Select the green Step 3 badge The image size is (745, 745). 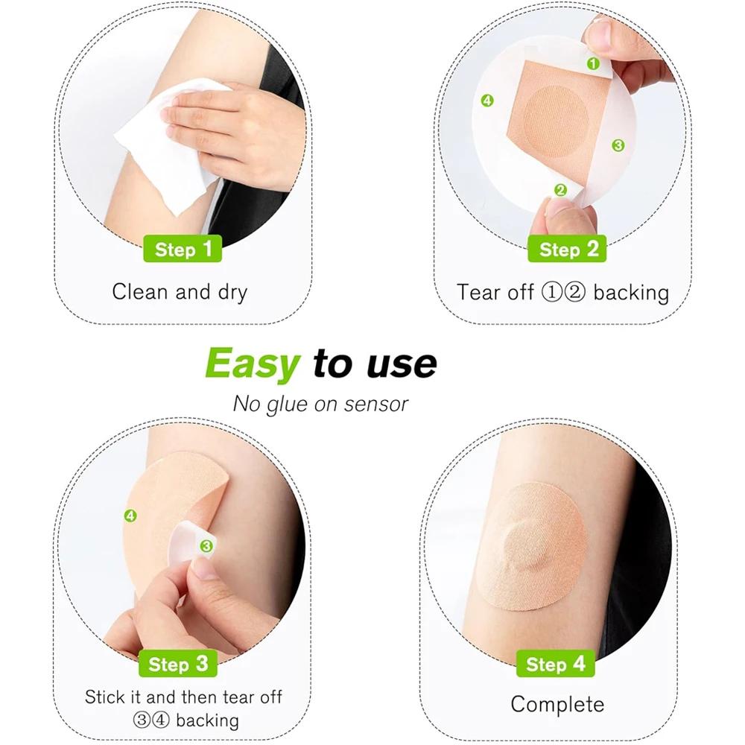[179, 664]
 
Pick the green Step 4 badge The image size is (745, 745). [556, 664]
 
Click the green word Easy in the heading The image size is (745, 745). [252, 363]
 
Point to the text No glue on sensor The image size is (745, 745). [320, 404]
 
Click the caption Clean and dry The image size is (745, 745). [179, 291]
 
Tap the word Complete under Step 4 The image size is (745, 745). [557, 704]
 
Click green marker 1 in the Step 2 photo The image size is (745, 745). [593, 64]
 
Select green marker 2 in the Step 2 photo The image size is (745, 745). [560, 190]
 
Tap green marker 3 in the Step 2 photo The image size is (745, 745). [618, 145]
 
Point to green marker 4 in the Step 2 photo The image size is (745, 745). [487, 101]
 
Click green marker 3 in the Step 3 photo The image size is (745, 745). [206, 546]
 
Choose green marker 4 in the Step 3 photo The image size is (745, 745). [130, 516]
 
